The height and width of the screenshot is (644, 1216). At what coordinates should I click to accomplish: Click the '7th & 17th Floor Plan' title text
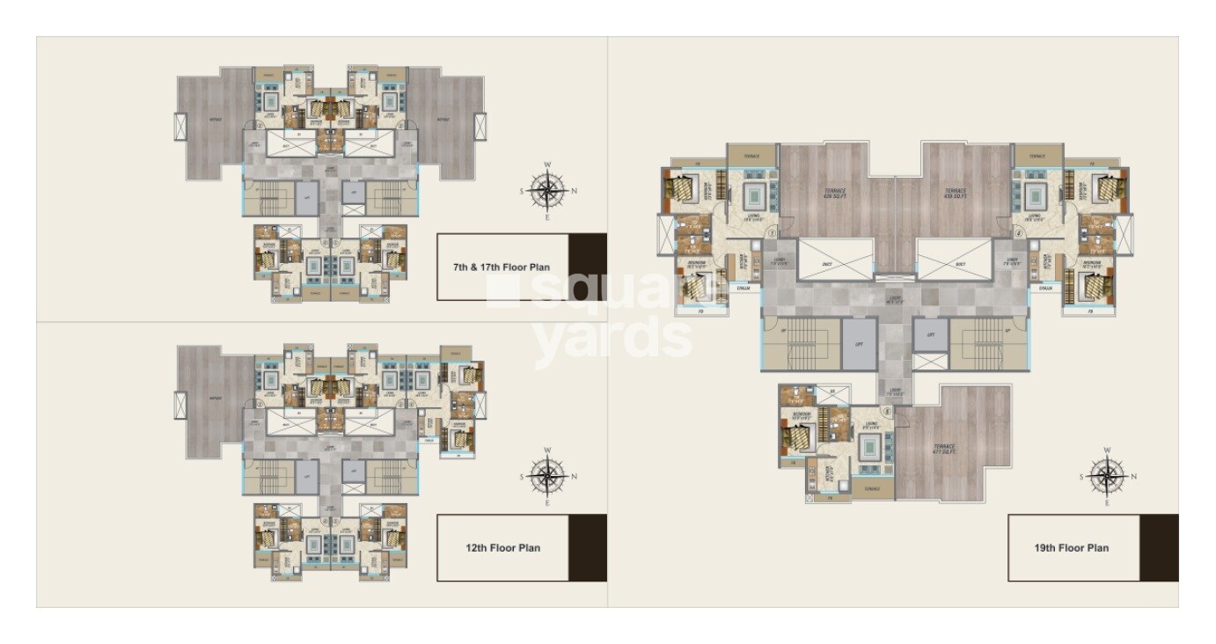pos(502,267)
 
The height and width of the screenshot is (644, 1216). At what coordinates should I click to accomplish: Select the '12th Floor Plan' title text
pos(502,547)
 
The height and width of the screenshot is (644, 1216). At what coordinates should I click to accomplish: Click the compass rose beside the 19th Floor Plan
pos(1107,477)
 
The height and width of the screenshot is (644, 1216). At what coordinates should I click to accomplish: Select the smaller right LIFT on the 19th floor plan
pos(929,335)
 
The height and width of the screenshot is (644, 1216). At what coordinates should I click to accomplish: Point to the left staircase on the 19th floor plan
pos(801,343)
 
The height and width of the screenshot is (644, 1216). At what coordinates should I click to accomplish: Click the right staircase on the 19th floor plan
pos(987,343)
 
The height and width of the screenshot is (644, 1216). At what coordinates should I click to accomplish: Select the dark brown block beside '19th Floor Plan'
pos(1159,547)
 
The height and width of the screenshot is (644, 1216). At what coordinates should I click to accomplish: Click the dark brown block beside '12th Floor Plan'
pos(587,547)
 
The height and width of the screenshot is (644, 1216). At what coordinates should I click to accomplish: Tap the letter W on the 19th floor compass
pos(1107,451)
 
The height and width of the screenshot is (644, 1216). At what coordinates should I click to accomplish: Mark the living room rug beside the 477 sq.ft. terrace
pos(872,452)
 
